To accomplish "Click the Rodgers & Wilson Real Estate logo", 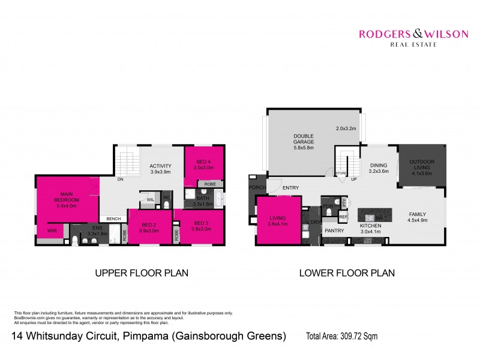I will pos(413,37).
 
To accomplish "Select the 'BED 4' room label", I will pos(203,162).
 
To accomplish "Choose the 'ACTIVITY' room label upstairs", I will pos(160,166).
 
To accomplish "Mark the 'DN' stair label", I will pos(120,179).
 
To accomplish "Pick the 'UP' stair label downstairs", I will pos(354,179).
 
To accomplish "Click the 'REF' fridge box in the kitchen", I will pos(343,217).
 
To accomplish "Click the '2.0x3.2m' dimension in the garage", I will pos(346,128).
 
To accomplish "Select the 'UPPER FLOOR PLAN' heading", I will pos(142,273).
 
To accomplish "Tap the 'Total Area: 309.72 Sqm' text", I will pos(342,336).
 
